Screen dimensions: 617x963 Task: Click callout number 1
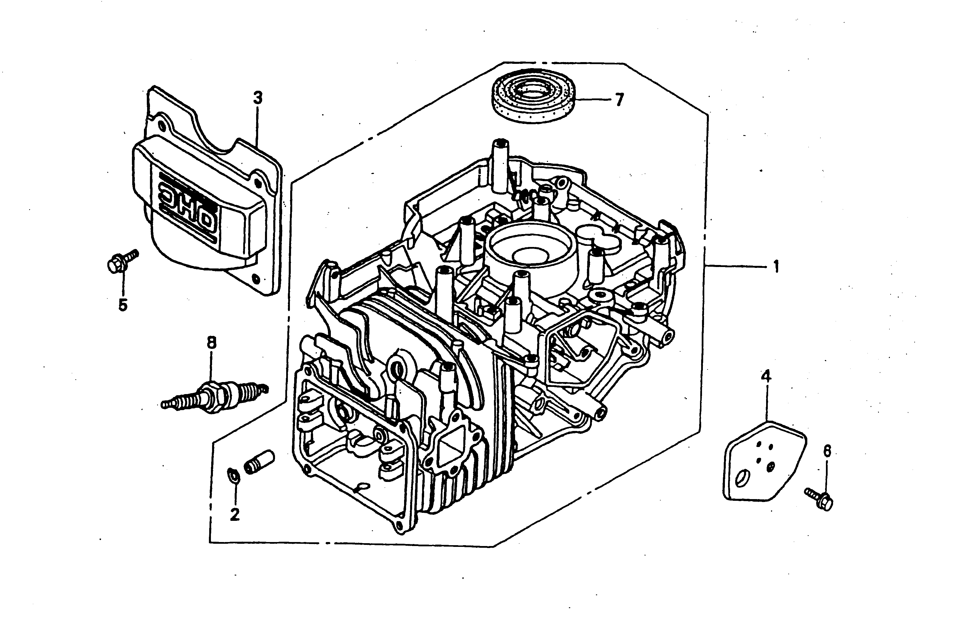coord(776,266)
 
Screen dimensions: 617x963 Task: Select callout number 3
coord(258,97)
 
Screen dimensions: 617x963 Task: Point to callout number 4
coord(766,376)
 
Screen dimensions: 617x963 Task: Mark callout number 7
coord(619,99)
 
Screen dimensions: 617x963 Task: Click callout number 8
coord(211,343)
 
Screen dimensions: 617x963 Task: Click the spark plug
coord(214,397)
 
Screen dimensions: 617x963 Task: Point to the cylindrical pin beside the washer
coord(259,462)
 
